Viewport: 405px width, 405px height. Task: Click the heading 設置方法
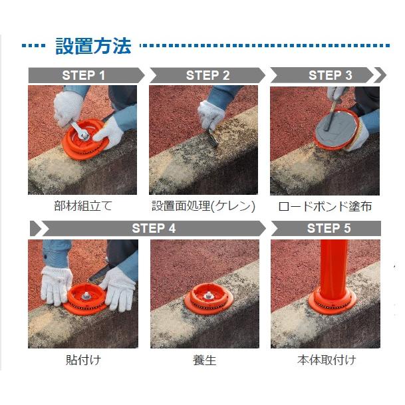93,46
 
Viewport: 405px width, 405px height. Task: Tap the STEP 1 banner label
83,75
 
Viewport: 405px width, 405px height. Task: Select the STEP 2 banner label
207,75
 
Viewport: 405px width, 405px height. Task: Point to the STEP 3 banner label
330,75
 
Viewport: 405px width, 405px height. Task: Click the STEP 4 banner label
154,228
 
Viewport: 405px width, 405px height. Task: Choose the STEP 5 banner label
329,228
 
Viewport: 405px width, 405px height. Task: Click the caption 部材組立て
83,206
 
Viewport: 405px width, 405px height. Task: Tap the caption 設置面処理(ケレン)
203,206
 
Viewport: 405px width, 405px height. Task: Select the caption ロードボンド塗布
325,206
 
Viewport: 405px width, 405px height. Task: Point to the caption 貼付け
83,360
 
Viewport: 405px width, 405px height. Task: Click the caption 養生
204,360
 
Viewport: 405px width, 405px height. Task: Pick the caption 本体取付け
327,360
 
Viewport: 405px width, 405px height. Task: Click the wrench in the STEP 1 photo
80,130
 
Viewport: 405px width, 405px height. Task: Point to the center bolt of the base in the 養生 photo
208,295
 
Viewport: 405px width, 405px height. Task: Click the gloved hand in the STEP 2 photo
211,115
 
